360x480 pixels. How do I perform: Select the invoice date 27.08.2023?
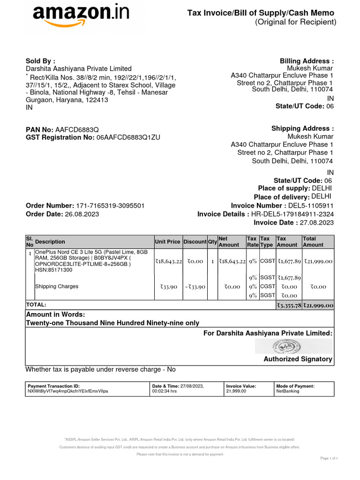tap(316, 223)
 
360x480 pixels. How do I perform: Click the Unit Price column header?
tap(167, 242)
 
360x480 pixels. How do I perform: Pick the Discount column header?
tap(195, 242)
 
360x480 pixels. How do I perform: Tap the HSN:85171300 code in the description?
tap(53, 270)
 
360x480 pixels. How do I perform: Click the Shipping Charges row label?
tap(57, 286)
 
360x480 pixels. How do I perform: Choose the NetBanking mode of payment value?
tap(288, 391)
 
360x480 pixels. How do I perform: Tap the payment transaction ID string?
tap(68, 391)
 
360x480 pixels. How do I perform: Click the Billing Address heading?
tap(307, 61)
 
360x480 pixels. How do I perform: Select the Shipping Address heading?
tap(302, 128)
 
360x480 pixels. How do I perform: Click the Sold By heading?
tap(40, 61)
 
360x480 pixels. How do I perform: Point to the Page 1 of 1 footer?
tap(329, 458)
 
